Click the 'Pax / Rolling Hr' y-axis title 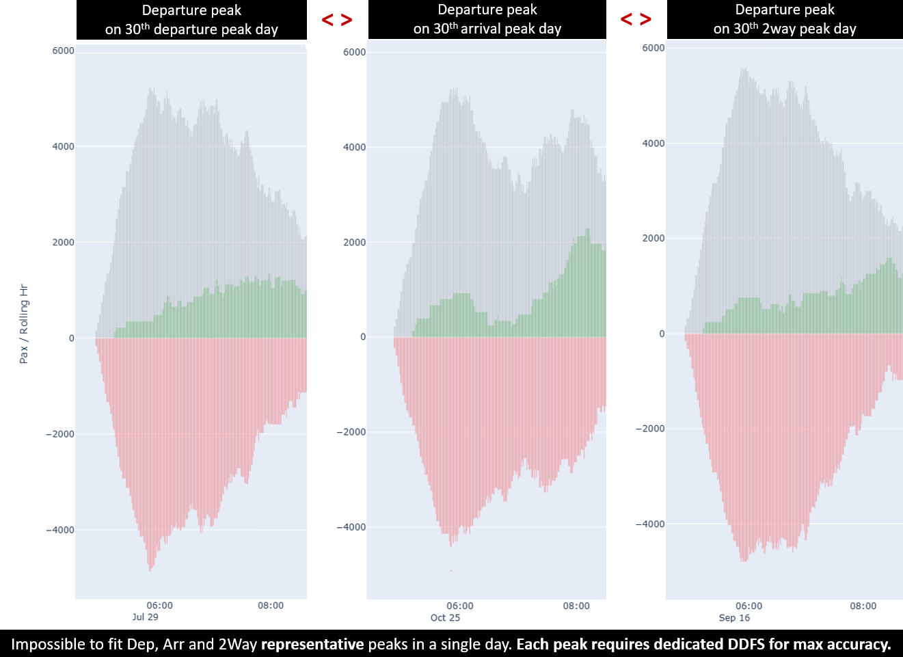[x=24, y=323]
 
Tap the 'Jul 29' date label [x=145, y=617]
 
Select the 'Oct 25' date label [x=445, y=617]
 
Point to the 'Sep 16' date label [x=734, y=617]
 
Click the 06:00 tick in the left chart [x=160, y=605]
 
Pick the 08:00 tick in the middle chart [x=576, y=606]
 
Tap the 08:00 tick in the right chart [x=863, y=606]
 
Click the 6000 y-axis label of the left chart [x=64, y=51]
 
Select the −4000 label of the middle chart [x=351, y=527]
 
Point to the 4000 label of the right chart [x=653, y=143]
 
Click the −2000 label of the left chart [x=60, y=434]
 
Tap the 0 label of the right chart [x=662, y=334]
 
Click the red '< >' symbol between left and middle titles [x=337, y=19]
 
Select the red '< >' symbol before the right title [x=636, y=18]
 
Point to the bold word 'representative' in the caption [x=312, y=644]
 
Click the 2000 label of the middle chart [x=354, y=242]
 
